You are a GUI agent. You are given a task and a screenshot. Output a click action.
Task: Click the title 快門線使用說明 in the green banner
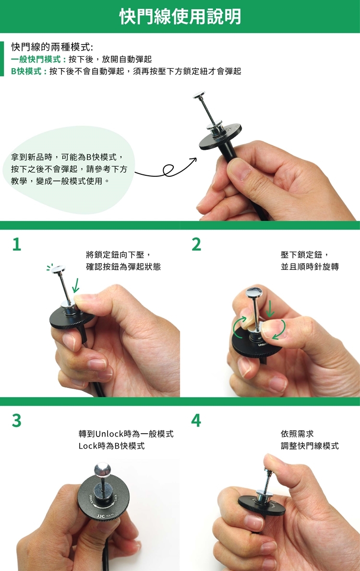pos(180,16)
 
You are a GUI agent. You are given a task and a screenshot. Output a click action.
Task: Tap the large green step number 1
pos(17,244)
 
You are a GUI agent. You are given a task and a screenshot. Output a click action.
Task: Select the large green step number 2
pos(196,244)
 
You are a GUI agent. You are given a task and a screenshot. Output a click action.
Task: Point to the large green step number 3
pos(17,420)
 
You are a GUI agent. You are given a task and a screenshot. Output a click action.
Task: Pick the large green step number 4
pos(196,420)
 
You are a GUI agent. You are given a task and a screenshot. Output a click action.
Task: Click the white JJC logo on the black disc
pos(100,516)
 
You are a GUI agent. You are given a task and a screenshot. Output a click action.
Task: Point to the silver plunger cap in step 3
pos(102,469)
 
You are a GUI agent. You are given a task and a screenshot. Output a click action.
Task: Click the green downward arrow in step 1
pos(75,285)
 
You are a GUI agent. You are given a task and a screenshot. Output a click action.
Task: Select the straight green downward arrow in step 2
pos(270,308)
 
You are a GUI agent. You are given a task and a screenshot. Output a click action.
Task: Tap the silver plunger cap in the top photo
pos(199,95)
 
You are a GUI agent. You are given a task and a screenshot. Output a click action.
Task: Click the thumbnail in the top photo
pos(239,168)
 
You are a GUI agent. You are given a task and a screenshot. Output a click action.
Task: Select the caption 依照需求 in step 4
pos(297,434)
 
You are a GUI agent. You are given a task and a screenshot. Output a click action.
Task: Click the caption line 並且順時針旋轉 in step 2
pos(310,267)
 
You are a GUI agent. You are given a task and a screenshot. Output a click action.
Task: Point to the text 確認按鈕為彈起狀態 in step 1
pos(123,267)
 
